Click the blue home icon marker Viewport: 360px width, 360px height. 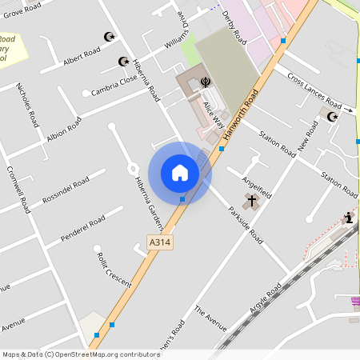(180, 172)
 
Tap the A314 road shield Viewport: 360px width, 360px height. (160, 241)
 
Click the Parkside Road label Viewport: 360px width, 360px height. (245, 226)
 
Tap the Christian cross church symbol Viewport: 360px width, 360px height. (252, 200)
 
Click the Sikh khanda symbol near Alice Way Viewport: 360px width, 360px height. (206, 82)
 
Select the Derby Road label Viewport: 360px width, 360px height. (234, 27)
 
